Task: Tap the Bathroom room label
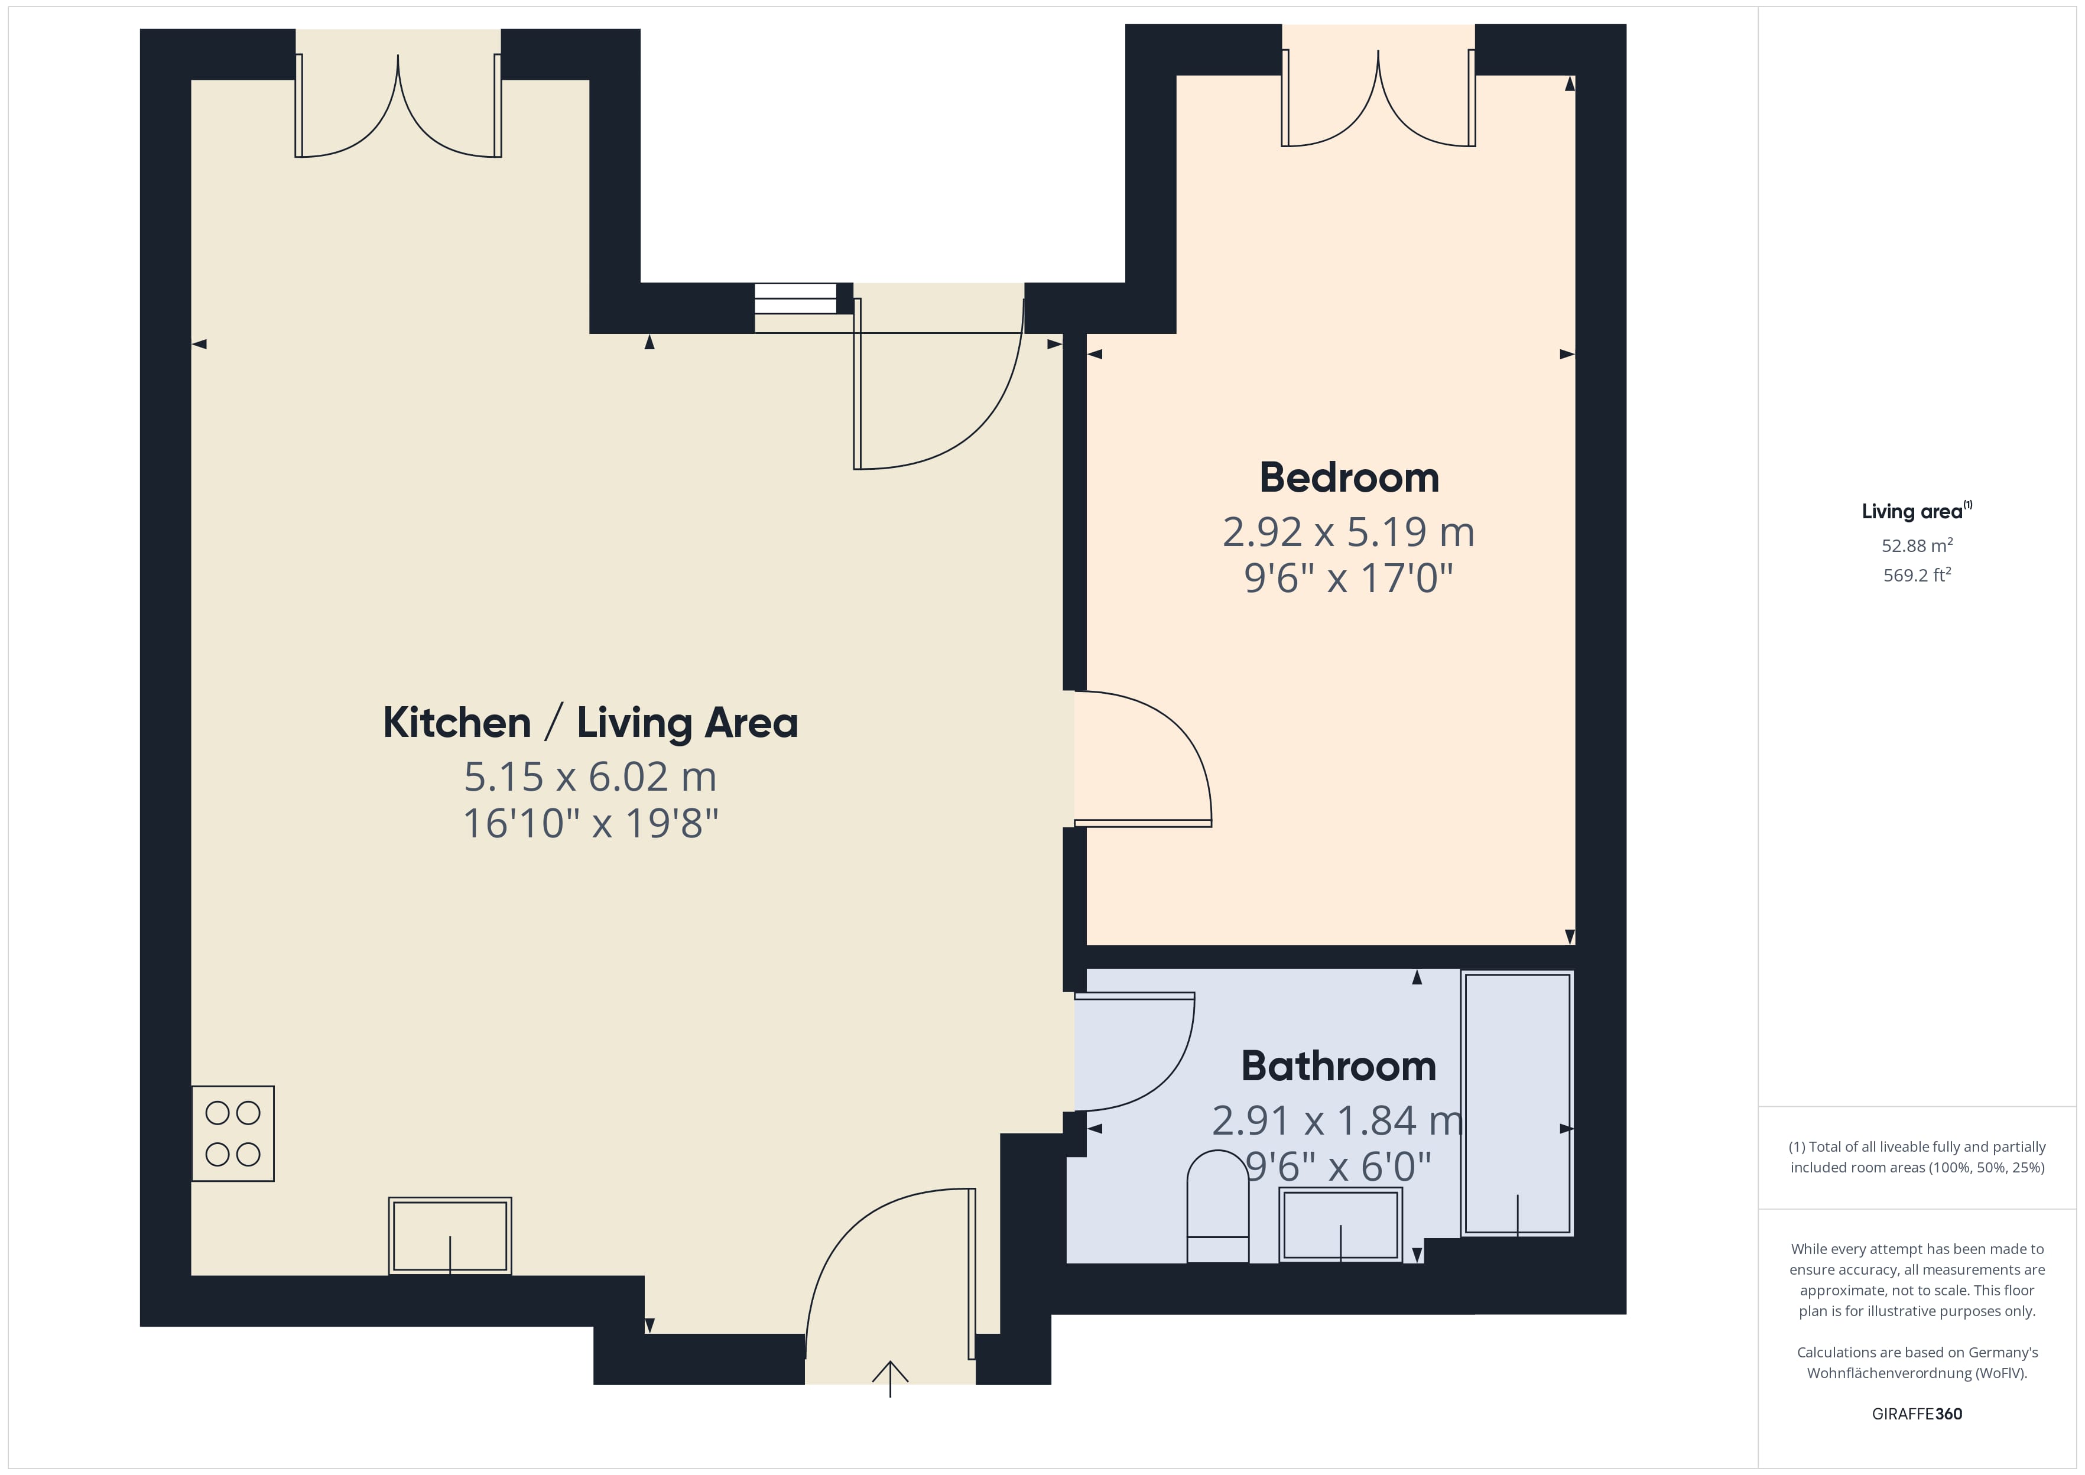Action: pyautogui.click(x=1339, y=1066)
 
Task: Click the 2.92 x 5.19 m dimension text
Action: pyautogui.click(x=1349, y=532)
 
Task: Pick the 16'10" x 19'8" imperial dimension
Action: pyautogui.click(x=590, y=824)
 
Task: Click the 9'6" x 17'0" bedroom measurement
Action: pyautogui.click(x=1349, y=577)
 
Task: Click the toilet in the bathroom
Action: pyautogui.click(x=1218, y=1206)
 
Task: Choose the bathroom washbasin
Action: pyautogui.click(x=1340, y=1224)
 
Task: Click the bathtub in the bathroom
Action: pyautogui.click(x=1518, y=1103)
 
